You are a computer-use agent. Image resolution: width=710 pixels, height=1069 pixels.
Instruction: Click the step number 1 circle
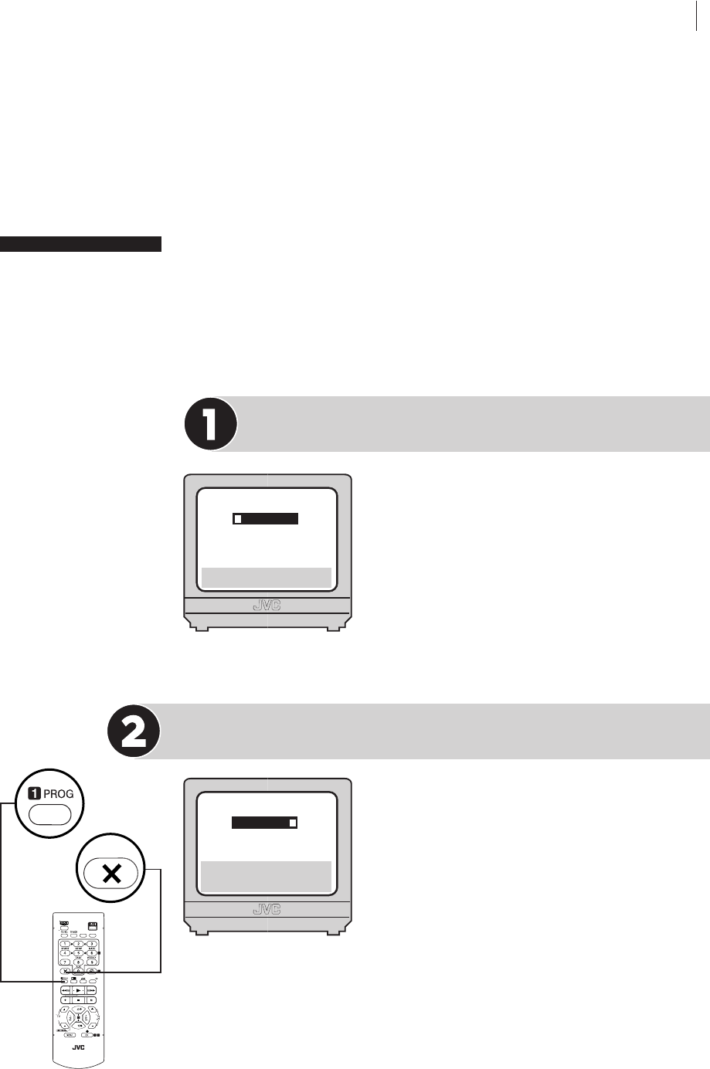coord(210,424)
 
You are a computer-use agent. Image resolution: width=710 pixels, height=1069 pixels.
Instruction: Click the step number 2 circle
coord(133,731)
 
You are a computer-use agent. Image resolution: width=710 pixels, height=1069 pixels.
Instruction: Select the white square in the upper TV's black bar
coord(239,519)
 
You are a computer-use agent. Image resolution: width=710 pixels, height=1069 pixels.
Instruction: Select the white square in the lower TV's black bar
coord(293,823)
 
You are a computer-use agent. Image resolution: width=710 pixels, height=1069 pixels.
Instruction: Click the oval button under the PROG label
coord(49,815)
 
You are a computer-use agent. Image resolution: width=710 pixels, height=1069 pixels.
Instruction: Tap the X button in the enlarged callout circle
coord(112,874)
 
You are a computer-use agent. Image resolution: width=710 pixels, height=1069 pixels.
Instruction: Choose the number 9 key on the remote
coord(91,961)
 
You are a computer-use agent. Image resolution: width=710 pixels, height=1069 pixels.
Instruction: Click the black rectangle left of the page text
coord(80,244)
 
